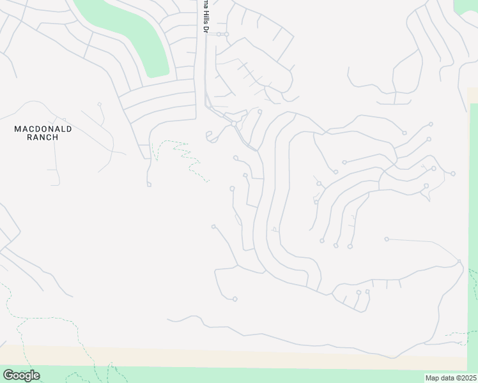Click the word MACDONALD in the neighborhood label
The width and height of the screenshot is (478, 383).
pyautogui.click(x=43, y=129)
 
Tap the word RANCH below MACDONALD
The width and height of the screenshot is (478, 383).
pyautogui.click(x=43, y=137)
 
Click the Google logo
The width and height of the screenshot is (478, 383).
pyautogui.click(x=21, y=375)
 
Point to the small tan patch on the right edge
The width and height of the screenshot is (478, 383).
pyautogui.click(x=472, y=95)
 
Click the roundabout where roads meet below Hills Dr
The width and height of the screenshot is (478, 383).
pyautogui.click(x=235, y=123)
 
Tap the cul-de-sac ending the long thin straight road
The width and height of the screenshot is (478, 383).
pyautogui.click(x=387, y=239)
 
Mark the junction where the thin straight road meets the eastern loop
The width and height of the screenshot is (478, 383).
pyautogui.click(x=459, y=260)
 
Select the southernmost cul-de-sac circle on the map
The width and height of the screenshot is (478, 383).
pyautogui.click(x=235, y=299)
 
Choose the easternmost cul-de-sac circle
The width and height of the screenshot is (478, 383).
pyautogui.click(x=453, y=174)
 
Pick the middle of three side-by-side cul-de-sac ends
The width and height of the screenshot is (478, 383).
pyautogui.click(x=336, y=245)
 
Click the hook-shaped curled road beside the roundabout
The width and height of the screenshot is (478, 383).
pyautogui.click(x=211, y=136)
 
